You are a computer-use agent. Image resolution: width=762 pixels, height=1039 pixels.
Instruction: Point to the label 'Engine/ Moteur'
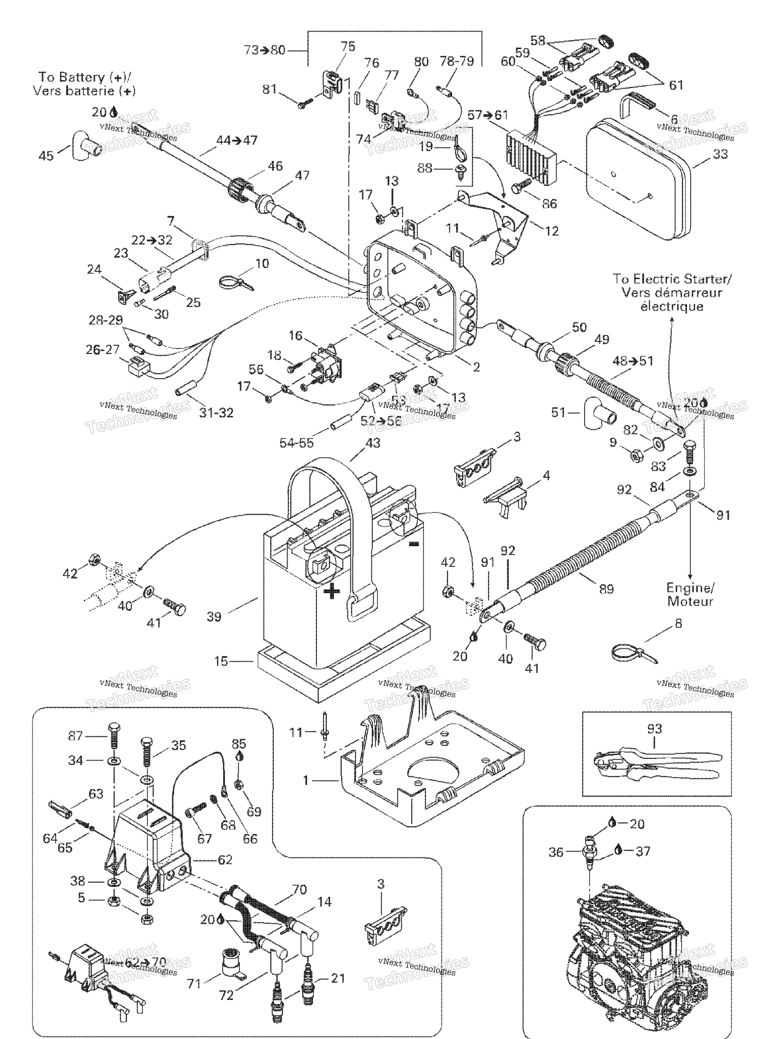[x=690, y=595]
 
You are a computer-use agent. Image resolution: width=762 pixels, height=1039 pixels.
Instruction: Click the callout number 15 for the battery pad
[x=221, y=661]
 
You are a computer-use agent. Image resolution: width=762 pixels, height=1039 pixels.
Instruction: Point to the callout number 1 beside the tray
[x=305, y=780]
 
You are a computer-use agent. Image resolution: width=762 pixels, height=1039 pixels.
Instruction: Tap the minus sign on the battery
[x=414, y=544]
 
